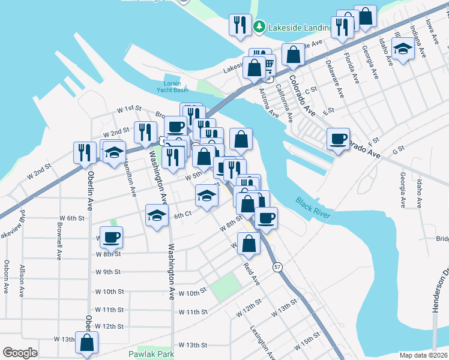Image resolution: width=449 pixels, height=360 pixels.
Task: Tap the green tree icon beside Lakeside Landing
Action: point(259,27)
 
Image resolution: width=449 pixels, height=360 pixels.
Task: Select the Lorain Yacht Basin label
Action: point(172,87)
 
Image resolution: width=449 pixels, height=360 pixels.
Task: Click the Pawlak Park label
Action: point(151,355)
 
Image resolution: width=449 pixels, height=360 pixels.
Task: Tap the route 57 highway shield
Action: point(277,266)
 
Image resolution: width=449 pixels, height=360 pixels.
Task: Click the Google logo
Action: point(20,353)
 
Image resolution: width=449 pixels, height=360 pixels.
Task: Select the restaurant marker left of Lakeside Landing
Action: point(240,25)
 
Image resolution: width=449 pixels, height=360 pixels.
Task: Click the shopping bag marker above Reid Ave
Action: point(248,243)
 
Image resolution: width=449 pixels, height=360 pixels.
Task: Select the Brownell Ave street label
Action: point(59,242)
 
